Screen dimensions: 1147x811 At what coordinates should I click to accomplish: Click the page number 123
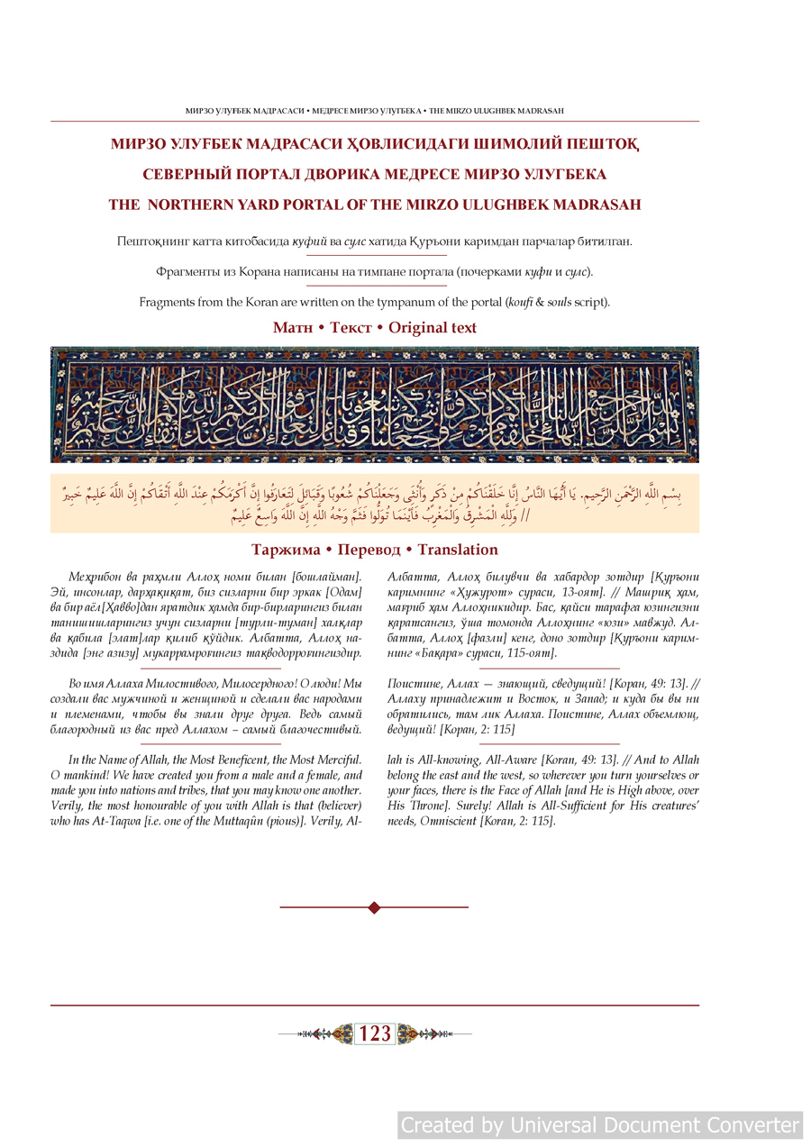375,1034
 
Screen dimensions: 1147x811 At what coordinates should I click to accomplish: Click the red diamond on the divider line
374,907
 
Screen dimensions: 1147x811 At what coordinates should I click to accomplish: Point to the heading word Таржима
286,550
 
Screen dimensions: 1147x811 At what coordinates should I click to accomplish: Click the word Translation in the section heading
458,550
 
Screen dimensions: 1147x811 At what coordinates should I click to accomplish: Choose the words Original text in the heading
433,328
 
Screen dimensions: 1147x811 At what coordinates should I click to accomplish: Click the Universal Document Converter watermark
600,1125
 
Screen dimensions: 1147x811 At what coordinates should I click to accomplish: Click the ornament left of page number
335,1034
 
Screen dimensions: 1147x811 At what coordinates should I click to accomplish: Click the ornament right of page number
415,1034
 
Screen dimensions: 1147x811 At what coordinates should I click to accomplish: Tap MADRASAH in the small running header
540,111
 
